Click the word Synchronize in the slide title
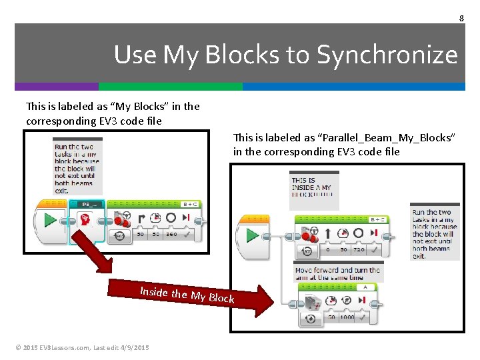click(x=387, y=55)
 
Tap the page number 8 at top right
click(x=461, y=18)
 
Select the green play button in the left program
click(x=50, y=220)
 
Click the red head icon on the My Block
click(x=86, y=219)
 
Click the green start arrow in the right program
click(x=253, y=235)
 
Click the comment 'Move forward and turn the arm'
click(x=338, y=273)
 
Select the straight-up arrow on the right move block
click(x=327, y=233)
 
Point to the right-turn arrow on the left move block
click(x=141, y=218)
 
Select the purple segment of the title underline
click(x=57, y=87)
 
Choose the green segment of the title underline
click(x=171, y=87)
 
